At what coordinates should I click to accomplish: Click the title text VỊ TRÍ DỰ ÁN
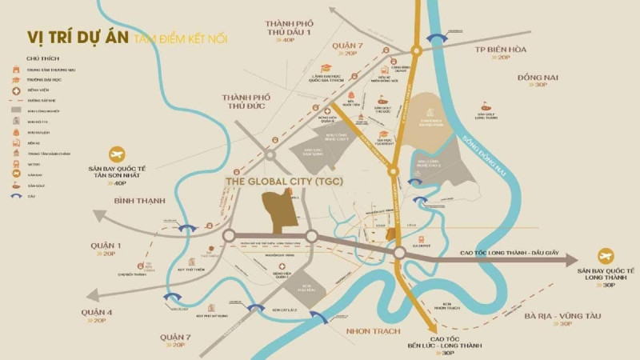tap(78, 38)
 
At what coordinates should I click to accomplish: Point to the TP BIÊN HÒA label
tap(502, 47)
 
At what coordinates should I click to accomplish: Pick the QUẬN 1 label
tap(104, 245)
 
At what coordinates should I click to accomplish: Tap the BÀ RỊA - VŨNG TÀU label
tap(564, 315)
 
